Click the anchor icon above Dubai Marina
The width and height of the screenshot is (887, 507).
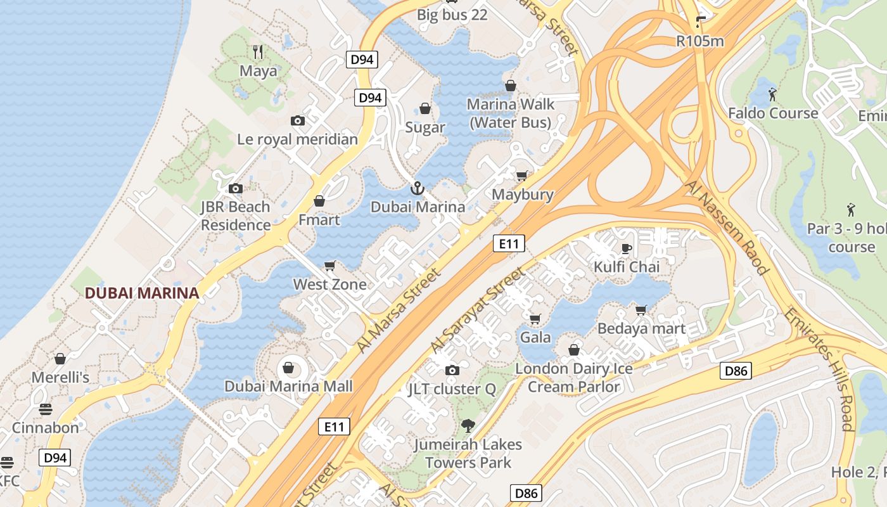pyautogui.click(x=417, y=188)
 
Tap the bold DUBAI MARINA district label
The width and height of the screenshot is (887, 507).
pyautogui.click(x=142, y=293)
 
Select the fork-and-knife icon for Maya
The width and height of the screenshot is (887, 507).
pyautogui.click(x=257, y=51)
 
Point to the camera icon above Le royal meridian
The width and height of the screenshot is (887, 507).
pyautogui.click(x=298, y=120)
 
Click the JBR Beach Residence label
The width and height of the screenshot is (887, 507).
pyautogui.click(x=236, y=215)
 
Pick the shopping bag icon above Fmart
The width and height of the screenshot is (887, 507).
pyautogui.click(x=319, y=201)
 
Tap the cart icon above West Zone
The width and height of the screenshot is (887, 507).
pyautogui.click(x=329, y=266)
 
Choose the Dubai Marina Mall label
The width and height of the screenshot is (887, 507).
pyautogui.click(x=288, y=386)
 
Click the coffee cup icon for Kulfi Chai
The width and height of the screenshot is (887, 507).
pyautogui.click(x=627, y=248)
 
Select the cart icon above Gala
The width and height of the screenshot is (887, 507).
pyautogui.click(x=535, y=319)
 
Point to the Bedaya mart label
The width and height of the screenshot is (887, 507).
pyautogui.click(x=641, y=328)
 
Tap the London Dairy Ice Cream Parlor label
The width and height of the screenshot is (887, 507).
pyautogui.click(x=574, y=377)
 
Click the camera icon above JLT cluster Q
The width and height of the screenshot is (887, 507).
pyautogui.click(x=452, y=370)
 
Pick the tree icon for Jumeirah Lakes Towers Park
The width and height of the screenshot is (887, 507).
pyautogui.click(x=468, y=425)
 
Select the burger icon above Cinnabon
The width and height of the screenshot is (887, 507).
pyautogui.click(x=45, y=409)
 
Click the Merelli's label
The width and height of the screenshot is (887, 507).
pyautogui.click(x=60, y=377)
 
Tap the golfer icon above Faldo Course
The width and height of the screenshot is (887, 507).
pyautogui.click(x=772, y=94)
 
